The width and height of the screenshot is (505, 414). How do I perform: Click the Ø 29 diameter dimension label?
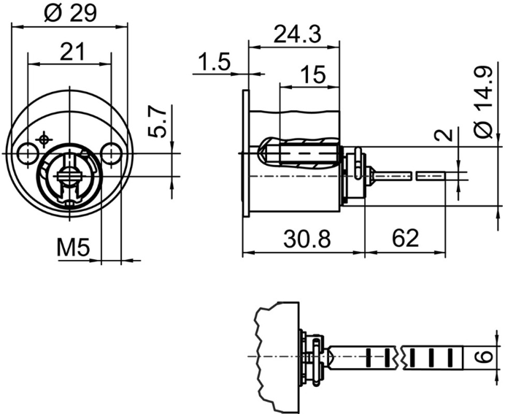point(71,12)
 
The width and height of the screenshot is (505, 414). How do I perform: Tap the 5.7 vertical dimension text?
point(160,122)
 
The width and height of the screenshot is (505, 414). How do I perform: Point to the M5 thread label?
point(72,249)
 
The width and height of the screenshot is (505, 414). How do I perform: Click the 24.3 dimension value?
point(296,34)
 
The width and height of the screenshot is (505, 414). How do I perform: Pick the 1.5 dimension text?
point(212,62)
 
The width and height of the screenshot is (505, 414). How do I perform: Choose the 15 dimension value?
point(312,74)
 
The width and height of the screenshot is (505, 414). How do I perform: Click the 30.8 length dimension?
point(303,239)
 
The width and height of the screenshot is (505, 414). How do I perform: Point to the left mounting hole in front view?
point(28,153)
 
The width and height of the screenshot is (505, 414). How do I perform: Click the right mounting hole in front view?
point(112,153)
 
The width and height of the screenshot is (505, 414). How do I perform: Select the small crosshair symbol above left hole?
point(45,138)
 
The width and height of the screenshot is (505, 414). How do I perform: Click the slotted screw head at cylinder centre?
point(69,175)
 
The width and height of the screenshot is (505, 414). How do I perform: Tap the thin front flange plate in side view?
point(245,153)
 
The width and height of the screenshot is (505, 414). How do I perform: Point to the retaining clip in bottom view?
point(315,358)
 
